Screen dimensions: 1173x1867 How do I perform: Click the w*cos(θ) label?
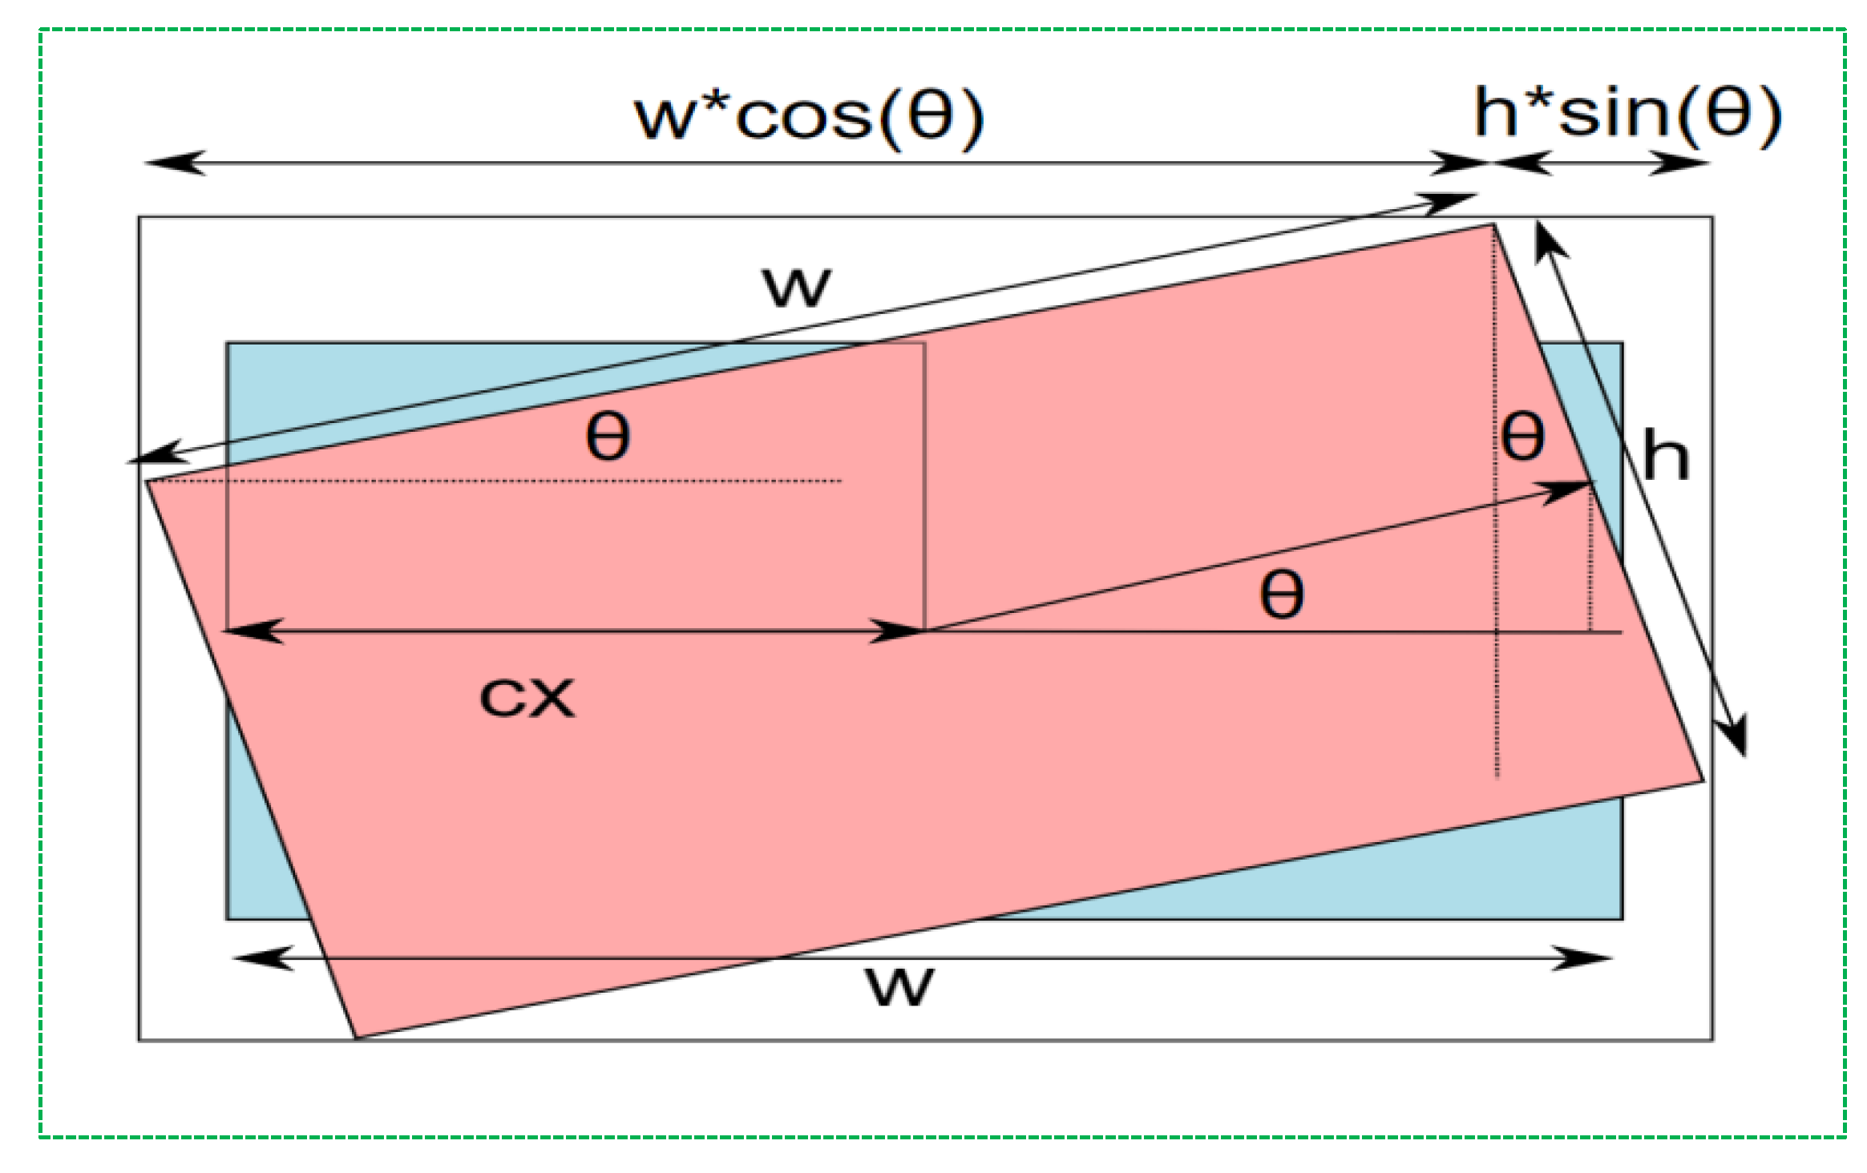pyautogui.click(x=808, y=118)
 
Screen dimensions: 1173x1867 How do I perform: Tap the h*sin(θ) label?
pyautogui.click(x=1627, y=114)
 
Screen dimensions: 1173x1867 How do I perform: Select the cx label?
pyautogui.click(x=527, y=697)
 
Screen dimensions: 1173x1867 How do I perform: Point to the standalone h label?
pyautogui.click(x=1666, y=455)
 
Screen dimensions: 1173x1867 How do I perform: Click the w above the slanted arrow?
pyautogui.click(x=796, y=286)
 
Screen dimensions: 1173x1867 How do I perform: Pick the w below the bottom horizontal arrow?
pyautogui.click(x=899, y=986)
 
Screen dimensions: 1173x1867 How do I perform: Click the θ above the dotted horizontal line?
pyautogui.click(x=608, y=437)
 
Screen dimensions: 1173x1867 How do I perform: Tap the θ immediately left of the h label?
pyautogui.click(x=1522, y=437)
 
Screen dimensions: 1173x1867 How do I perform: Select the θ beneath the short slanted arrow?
pyautogui.click(x=1282, y=595)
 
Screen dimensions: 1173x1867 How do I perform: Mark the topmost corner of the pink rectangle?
pyautogui.click(x=1493, y=225)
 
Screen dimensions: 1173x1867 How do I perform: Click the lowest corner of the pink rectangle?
pyautogui.click(x=357, y=1038)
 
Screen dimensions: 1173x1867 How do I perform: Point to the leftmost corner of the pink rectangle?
pyautogui.click(x=146, y=481)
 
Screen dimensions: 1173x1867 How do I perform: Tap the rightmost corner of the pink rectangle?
pyautogui.click(x=1703, y=780)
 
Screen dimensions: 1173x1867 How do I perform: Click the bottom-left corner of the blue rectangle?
pyautogui.click(x=228, y=918)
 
